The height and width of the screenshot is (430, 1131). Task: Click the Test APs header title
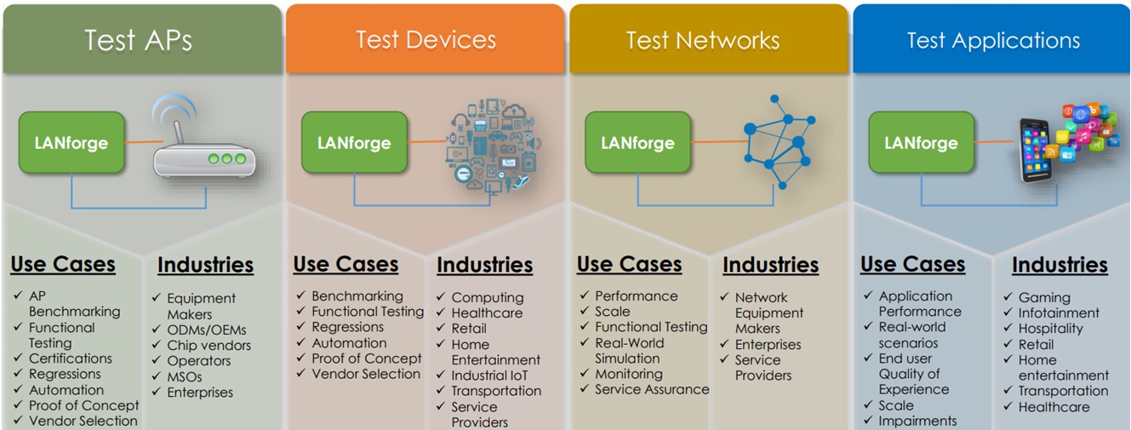pyautogui.click(x=138, y=40)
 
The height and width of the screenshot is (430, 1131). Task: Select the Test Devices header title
pyautogui.click(x=426, y=39)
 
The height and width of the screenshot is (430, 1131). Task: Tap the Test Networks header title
pyautogui.click(x=702, y=40)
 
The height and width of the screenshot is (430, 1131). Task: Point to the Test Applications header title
pyautogui.click(x=992, y=40)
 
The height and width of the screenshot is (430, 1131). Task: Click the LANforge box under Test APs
pyautogui.click(x=71, y=142)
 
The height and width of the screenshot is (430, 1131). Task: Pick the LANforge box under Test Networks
pyautogui.click(x=637, y=142)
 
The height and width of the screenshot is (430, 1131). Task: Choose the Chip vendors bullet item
pyautogui.click(x=208, y=345)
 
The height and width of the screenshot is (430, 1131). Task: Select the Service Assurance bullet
pyautogui.click(x=651, y=389)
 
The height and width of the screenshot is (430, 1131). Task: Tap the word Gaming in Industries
pyautogui.click(x=1044, y=297)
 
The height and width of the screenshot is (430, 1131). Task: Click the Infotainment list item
pyautogui.click(x=1059, y=312)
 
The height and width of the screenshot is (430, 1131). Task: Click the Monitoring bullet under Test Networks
pyautogui.click(x=628, y=374)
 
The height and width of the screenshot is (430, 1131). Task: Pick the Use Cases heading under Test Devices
pyautogui.click(x=346, y=265)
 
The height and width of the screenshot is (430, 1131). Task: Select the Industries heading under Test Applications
pyautogui.click(x=1060, y=266)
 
